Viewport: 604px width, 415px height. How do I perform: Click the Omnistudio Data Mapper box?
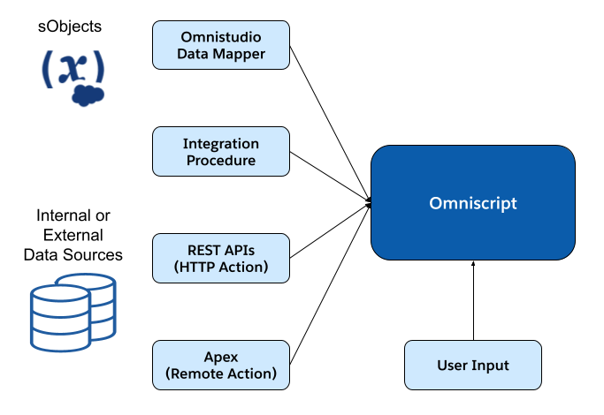221,46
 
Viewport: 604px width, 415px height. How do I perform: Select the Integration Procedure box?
221,152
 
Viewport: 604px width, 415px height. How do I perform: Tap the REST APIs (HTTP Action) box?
221,258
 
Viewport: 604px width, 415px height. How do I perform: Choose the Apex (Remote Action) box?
221,365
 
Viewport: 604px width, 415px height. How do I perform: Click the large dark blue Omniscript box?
472,203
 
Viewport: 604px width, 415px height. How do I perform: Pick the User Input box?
472,365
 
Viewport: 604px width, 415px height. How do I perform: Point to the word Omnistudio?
221,37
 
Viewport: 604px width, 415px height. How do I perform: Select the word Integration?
221,143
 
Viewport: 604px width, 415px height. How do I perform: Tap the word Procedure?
221,161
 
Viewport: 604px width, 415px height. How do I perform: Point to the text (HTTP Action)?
221,267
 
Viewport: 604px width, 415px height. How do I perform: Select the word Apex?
221,356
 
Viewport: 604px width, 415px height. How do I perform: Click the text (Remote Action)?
221,373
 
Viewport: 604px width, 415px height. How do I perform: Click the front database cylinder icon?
60,318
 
